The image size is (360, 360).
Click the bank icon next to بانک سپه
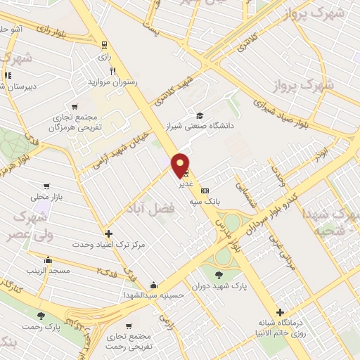(x=205, y=191)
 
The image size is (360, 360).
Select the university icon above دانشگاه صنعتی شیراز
(x=200, y=115)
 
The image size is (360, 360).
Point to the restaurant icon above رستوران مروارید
(x=112, y=71)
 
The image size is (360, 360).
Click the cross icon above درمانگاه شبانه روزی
(x=280, y=312)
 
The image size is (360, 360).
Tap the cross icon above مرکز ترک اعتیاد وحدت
(x=108, y=233)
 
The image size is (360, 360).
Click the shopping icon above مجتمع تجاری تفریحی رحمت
(x=129, y=327)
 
